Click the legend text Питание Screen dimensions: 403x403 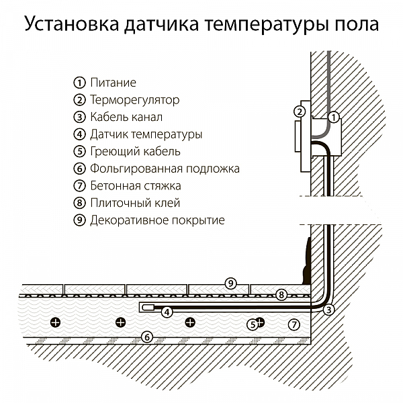(113, 83)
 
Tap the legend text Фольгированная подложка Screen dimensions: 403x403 (165, 169)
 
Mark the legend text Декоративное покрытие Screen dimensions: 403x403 (157, 220)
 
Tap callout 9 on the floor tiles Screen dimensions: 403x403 (230, 283)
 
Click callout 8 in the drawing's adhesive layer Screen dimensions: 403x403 (281, 294)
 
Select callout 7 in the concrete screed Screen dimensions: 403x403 (292, 324)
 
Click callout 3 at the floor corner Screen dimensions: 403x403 (328, 310)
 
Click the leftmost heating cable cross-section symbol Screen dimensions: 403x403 (56, 323)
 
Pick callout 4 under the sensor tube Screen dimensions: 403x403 (166, 312)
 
